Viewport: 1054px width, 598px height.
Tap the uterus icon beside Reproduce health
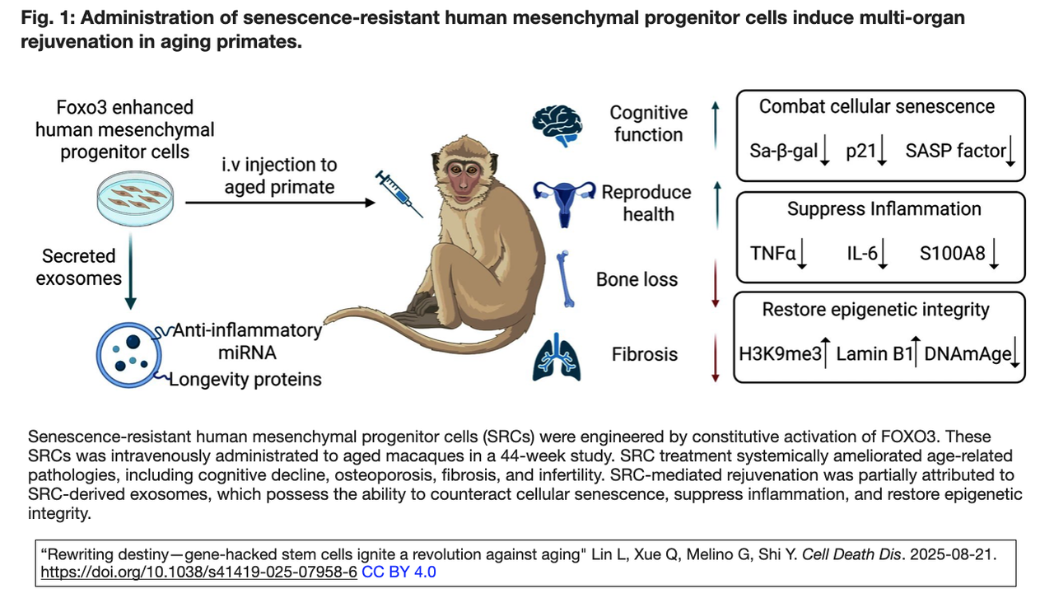point(564,200)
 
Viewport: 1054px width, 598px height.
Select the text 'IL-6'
point(862,253)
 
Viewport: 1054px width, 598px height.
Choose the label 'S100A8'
point(952,253)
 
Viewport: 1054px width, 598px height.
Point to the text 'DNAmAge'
point(967,354)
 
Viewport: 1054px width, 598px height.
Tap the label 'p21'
point(860,151)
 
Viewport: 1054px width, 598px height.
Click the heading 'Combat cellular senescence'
point(877,106)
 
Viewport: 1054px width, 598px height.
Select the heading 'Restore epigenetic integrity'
point(876,310)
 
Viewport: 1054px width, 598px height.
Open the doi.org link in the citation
point(198,571)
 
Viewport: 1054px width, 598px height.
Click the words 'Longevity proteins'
point(245,379)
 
